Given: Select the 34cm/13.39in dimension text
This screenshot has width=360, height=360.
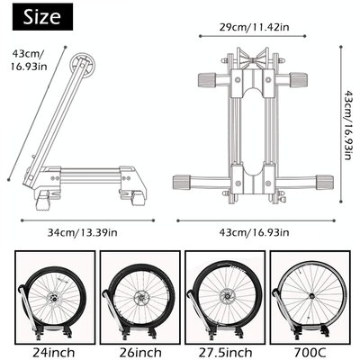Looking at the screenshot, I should pyautogui.click(x=82, y=234).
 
